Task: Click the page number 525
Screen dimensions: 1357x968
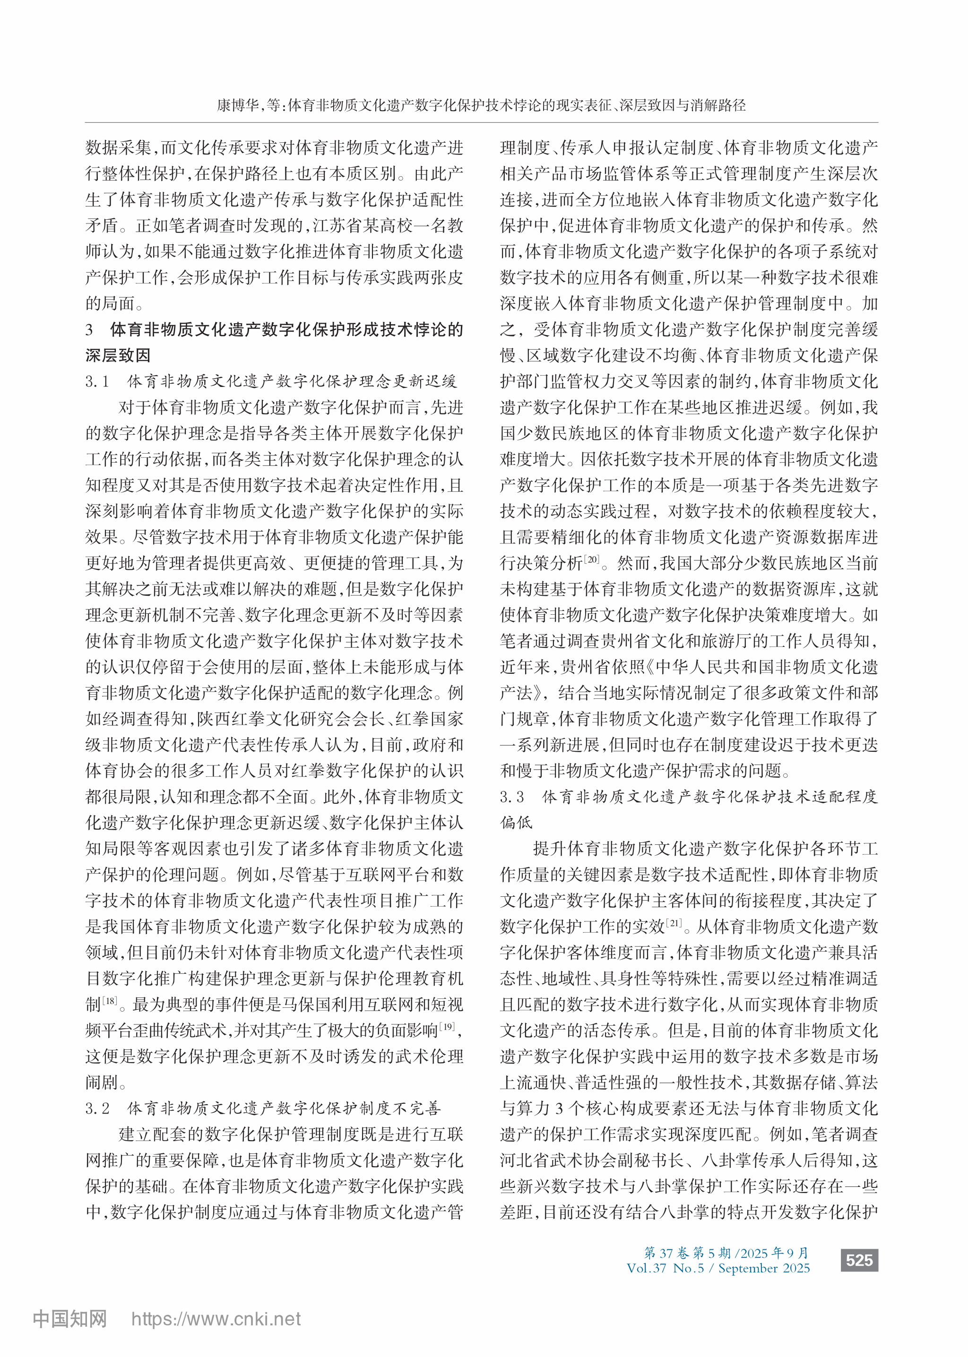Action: pos(859,1260)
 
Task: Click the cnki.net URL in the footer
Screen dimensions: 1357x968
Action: pos(216,1320)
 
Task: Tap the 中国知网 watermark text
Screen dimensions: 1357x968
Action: pos(70,1320)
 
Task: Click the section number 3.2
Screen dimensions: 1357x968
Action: pos(97,1108)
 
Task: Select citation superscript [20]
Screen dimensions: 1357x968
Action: pos(592,560)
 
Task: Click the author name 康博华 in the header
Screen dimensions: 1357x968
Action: pos(237,106)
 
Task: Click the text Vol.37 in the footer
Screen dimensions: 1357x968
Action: pos(646,1268)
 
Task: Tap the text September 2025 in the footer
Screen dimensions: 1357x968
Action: pos(763,1268)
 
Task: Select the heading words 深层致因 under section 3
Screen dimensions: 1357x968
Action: pos(118,356)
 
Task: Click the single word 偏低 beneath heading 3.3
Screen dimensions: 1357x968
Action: pos(516,823)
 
